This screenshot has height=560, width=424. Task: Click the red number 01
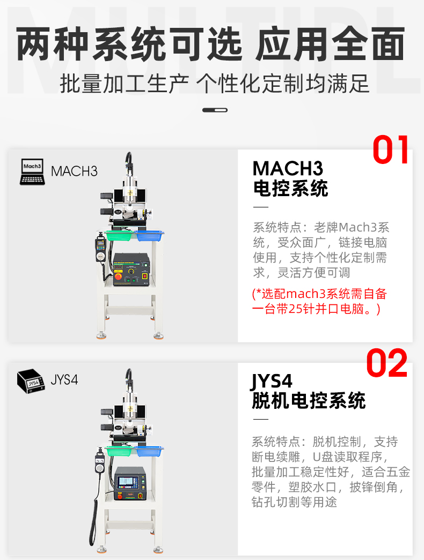pyautogui.click(x=390, y=150)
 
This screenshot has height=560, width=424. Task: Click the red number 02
pyautogui.click(x=387, y=363)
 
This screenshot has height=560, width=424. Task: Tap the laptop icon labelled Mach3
pyautogui.click(x=32, y=172)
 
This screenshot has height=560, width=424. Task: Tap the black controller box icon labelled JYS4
pyautogui.click(x=31, y=381)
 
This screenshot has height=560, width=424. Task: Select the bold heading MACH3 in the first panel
pyautogui.click(x=288, y=168)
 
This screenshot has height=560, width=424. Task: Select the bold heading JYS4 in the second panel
pyautogui.click(x=272, y=381)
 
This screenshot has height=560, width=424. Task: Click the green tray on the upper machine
pyautogui.click(x=119, y=235)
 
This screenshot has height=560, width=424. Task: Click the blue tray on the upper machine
pyautogui.click(x=149, y=235)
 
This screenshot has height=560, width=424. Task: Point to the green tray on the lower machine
pyautogui.click(x=120, y=451)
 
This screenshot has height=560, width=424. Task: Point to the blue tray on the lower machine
pyautogui.click(x=149, y=451)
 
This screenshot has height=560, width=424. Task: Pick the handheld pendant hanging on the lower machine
pyautogui.click(x=100, y=464)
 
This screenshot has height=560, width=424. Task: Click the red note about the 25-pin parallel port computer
pyautogui.click(x=319, y=301)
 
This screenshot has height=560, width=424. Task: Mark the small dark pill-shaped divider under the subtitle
pyautogui.click(x=215, y=110)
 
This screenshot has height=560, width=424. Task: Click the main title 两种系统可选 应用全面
pyautogui.click(x=210, y=44)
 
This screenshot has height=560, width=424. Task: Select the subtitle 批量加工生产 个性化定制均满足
pyautogui.click(x=214, y=84)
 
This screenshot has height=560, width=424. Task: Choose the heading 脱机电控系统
pyautogui.click(x=309, y=401)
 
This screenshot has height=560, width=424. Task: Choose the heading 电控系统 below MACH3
pyautogui.click(x=290, y=188)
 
